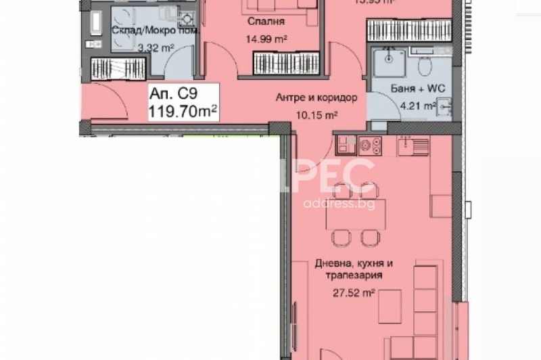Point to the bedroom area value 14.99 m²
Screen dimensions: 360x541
tap(265, 39)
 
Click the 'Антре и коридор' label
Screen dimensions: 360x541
tap(316, 97)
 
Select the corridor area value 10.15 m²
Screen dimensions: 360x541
tap(316, 114)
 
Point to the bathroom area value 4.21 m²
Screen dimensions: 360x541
tap(415, 106)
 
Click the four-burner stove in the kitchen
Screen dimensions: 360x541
tap(369, 143)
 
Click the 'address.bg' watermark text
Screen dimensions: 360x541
tap(337, 204)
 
